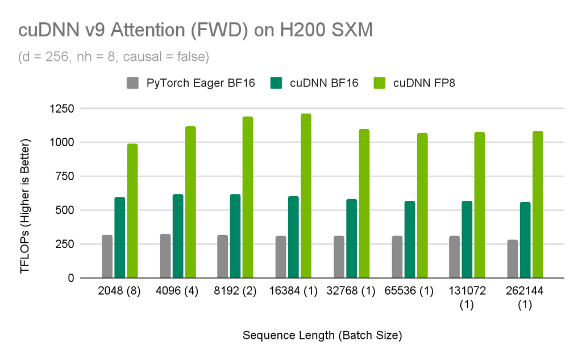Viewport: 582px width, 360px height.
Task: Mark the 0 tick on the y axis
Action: [70, 278]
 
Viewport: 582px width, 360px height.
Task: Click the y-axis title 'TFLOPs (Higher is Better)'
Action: [25, 206]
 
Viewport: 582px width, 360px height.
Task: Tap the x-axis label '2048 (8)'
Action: [119, 292]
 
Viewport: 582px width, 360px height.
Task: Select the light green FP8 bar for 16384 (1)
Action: [306, 196]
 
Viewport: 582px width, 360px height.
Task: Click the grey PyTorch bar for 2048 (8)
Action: [107, 256]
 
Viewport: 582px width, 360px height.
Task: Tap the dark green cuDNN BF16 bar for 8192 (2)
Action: [235, 236]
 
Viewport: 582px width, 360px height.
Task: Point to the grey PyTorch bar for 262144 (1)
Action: [513, 259]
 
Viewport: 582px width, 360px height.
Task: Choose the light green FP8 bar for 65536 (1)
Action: [421, 205]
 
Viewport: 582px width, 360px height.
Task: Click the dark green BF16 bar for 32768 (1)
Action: [351, 238]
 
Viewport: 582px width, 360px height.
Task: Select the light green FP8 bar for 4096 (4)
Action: [190, 202]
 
